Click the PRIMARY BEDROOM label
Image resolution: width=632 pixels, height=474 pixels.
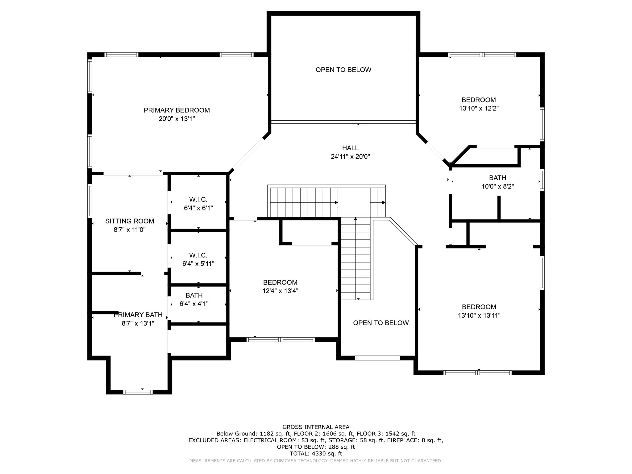click(x=177, y=110)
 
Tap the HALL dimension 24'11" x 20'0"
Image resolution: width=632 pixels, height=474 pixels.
click(x=350, y=156)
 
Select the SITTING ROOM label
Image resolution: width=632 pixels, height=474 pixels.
click(x=129, y=221)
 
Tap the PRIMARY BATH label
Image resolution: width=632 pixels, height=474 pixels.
click(x=138, y=315)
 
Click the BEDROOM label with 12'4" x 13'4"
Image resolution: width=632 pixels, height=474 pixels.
click(x=280, y=282)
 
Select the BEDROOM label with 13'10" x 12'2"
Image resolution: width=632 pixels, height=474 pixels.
click(x=479, y=100)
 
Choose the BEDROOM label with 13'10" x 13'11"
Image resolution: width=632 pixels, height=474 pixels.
click(x=479, y=307)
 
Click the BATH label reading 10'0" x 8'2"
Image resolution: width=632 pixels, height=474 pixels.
click(x=497, y=178)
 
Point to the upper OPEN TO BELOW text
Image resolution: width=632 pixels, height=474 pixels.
click(x=343, y=70)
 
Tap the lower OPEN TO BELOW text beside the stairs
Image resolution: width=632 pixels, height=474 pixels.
click(x=381, y=323)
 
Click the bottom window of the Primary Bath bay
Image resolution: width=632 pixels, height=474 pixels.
click(x=138, y=392)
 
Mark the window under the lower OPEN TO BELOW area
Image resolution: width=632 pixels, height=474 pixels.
click(x=377, y=358)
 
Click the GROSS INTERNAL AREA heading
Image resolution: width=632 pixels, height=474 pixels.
click(x=316, y=427)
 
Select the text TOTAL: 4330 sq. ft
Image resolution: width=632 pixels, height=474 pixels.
click(x=316, y=454)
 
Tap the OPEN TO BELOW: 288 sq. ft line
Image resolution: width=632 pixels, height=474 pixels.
click(x=316, y=447)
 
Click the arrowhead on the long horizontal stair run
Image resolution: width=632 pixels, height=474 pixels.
click(x=336, y=203)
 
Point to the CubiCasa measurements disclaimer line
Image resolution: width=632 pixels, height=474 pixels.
click(x=316, y=461)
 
